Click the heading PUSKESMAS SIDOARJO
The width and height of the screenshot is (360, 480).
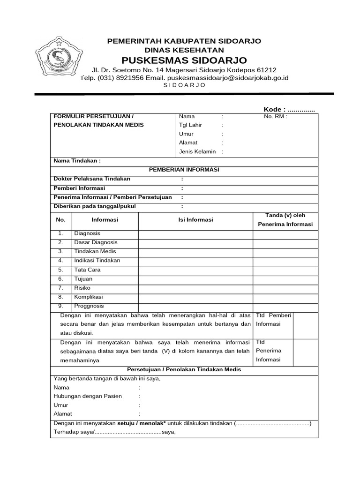tap(184, 60)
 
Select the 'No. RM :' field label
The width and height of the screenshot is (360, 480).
tap(276, 117)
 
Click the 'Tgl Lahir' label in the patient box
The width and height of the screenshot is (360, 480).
tap(188, 125)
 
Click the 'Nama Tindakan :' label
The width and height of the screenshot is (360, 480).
tap(77, 161)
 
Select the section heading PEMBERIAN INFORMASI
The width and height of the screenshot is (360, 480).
tap(184, 170)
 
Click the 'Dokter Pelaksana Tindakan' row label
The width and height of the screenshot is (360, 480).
tap(92, 179)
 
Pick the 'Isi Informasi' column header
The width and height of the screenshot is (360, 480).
tap(195, 220)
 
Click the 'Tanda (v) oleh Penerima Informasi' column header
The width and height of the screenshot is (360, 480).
tap(285, 220)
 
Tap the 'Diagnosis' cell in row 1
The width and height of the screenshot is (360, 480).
tap(87, 233)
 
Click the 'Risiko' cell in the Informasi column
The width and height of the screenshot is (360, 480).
tap(82, 288)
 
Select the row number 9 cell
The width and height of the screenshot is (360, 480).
tap(60, 306)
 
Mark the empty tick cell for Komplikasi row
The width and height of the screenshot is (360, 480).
tap(285, 297)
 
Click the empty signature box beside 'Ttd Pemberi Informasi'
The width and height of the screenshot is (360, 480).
tap(307, 324)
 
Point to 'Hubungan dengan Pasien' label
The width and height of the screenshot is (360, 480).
tap(88, 396)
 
